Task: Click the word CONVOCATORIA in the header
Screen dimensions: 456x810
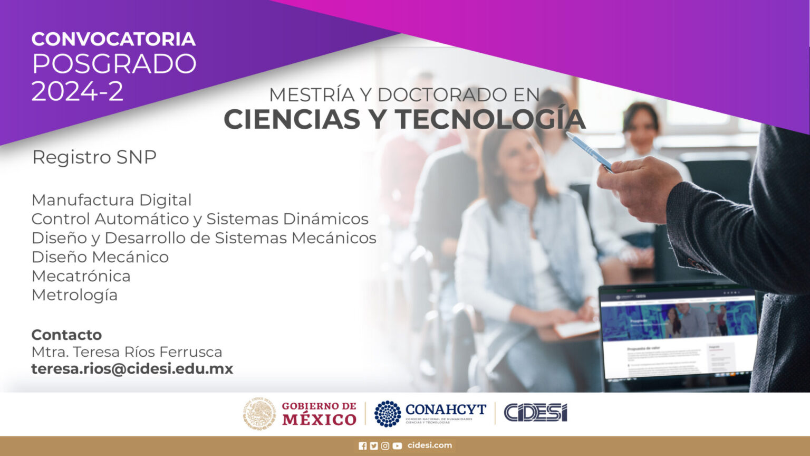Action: click(x=113, y=39)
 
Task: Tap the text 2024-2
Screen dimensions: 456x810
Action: click(x=78, y=91)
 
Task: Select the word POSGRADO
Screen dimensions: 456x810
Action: click(x=114, y=64)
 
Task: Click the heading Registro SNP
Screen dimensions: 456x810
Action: click(x=94, y=157)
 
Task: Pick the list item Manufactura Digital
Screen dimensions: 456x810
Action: click(x=111, y=200)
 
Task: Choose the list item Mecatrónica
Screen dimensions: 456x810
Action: click(x=81, y=276)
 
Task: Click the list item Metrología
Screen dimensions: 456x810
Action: click(x=74, y=295)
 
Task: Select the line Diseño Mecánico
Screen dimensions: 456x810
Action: click(x=100, y=257)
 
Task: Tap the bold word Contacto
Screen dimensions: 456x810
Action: click(x=66, y=335)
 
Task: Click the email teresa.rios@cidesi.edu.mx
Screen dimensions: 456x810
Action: click(x=132, y=369)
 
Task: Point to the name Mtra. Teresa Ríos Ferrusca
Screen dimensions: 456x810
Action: click(x=127, y=352)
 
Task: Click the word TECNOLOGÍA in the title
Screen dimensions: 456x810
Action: click(x=490, y=119)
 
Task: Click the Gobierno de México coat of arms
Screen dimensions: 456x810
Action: click(x=259, y=413)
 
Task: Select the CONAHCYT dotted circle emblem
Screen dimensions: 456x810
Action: click(x=388, y=413)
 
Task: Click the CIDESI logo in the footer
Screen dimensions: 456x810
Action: click(x=535, y=413)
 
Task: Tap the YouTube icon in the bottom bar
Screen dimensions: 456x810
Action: click(x=397, y=446)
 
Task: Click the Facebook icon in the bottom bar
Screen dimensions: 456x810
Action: click(x=362, y=446)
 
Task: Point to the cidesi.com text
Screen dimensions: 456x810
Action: click(x=430, y=445)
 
